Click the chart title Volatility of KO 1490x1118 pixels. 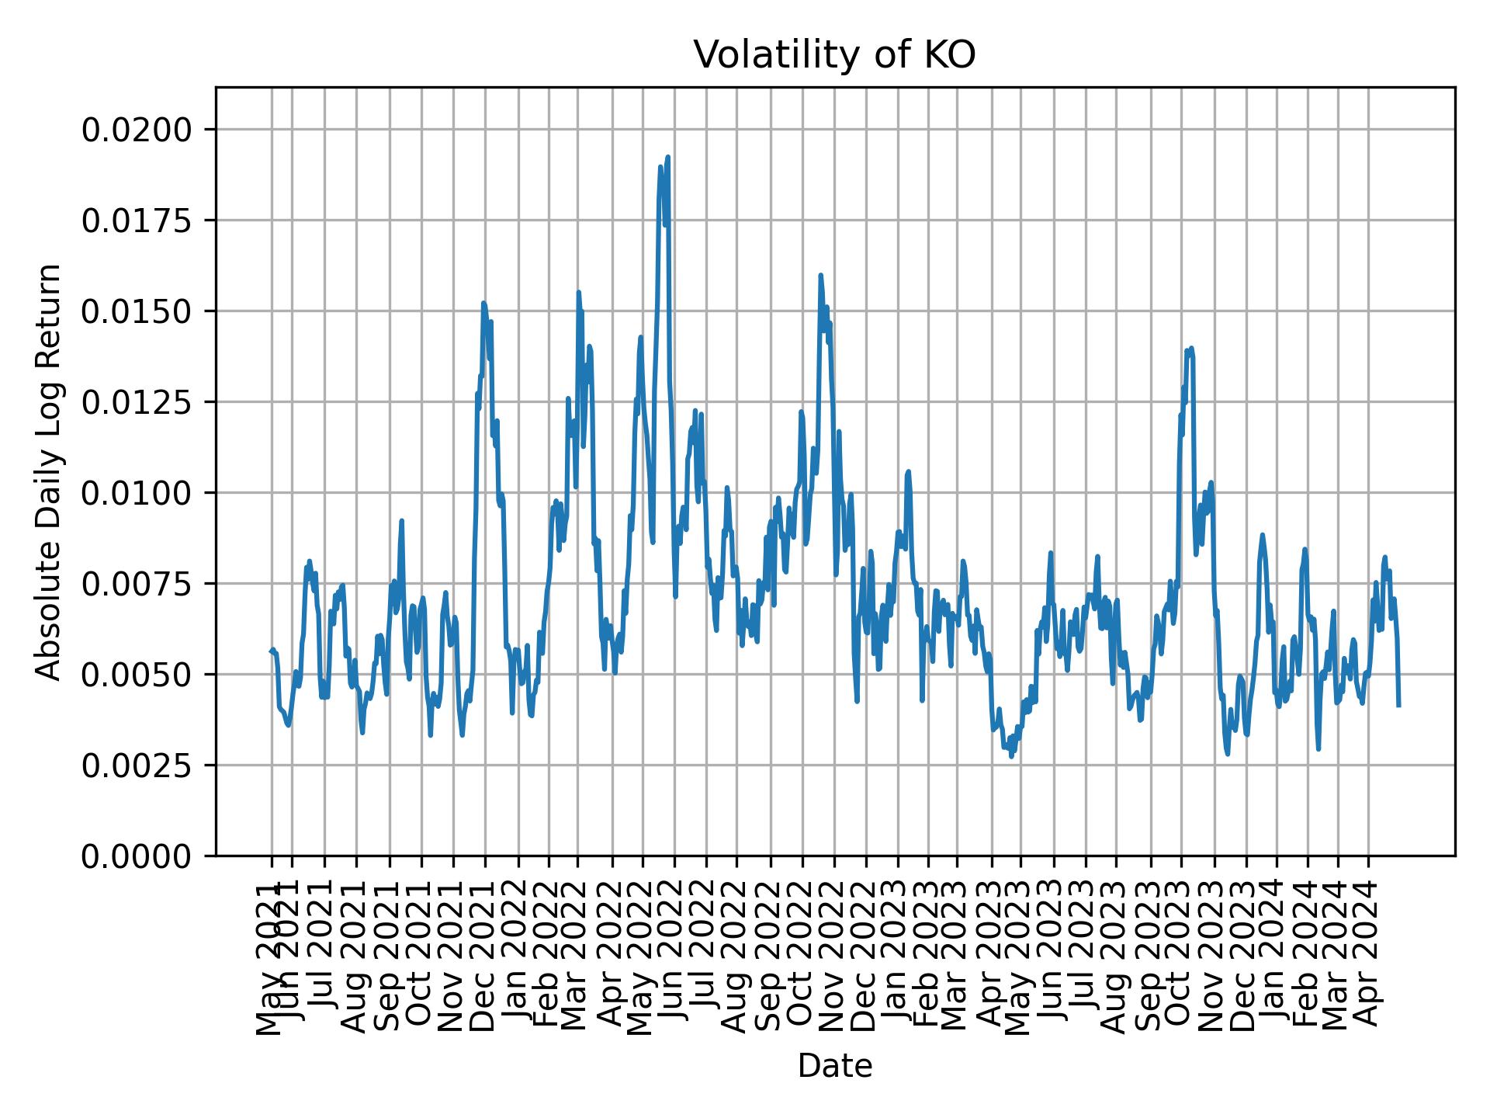point(834,56)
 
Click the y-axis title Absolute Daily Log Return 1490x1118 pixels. point(50,471)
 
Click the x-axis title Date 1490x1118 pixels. point(835,1067)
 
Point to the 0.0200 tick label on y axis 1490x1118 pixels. point(137,130)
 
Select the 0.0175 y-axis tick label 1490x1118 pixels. point(137,220)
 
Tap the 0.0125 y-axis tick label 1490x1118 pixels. point(137,402)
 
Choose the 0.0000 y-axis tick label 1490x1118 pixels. point(137,856)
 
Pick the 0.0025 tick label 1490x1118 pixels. point(137,766)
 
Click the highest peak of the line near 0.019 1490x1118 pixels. point(667,157)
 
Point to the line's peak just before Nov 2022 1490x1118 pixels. point(820,275)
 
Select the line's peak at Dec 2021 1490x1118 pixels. point(483,303)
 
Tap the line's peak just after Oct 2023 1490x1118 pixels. point(1191,348)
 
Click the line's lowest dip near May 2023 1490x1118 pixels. point(1010,756)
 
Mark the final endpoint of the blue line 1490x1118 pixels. point(1398,705)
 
